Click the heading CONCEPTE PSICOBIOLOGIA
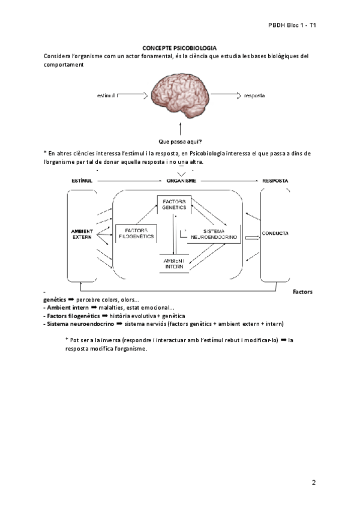click(179, 47)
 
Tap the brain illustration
click(179, 96)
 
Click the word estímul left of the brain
click(106, 95)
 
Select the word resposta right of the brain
click(255, 95)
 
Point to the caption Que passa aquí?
click(179, 142)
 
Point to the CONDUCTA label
click(275, 233)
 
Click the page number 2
click(314, 482)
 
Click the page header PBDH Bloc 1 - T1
click(292, 26)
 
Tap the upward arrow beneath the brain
click(179, 128)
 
